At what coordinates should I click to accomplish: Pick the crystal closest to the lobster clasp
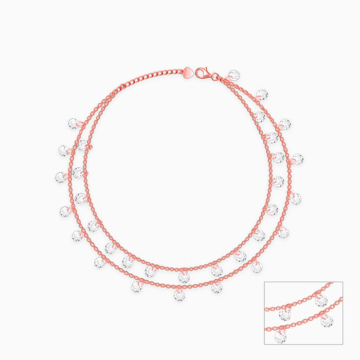(x=234, y=76)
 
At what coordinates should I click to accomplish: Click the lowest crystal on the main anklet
(x=179, y=295)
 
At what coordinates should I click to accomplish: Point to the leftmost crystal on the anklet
(x=61, y=177)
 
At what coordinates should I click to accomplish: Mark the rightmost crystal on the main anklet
(x=297, y=159)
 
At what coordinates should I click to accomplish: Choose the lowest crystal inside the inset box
(x=280, y=337)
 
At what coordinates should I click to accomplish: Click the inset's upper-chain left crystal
(x=284, y=314)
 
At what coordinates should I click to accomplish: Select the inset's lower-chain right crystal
(x=327, y=321)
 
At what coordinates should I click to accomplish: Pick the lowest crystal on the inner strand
(x=184, y=277)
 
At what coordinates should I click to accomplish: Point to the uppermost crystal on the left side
(x=74, y=123)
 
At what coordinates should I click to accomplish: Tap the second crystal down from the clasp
(x=262, y=95)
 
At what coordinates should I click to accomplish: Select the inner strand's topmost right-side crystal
(x=259, y=117)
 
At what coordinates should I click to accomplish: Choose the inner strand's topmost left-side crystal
(x=82, y=146)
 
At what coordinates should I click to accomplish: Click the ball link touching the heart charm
(x=181, y=71)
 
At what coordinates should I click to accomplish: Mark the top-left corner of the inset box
(x=264, y=282)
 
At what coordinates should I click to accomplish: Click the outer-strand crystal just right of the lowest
(x=217, y=287)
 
